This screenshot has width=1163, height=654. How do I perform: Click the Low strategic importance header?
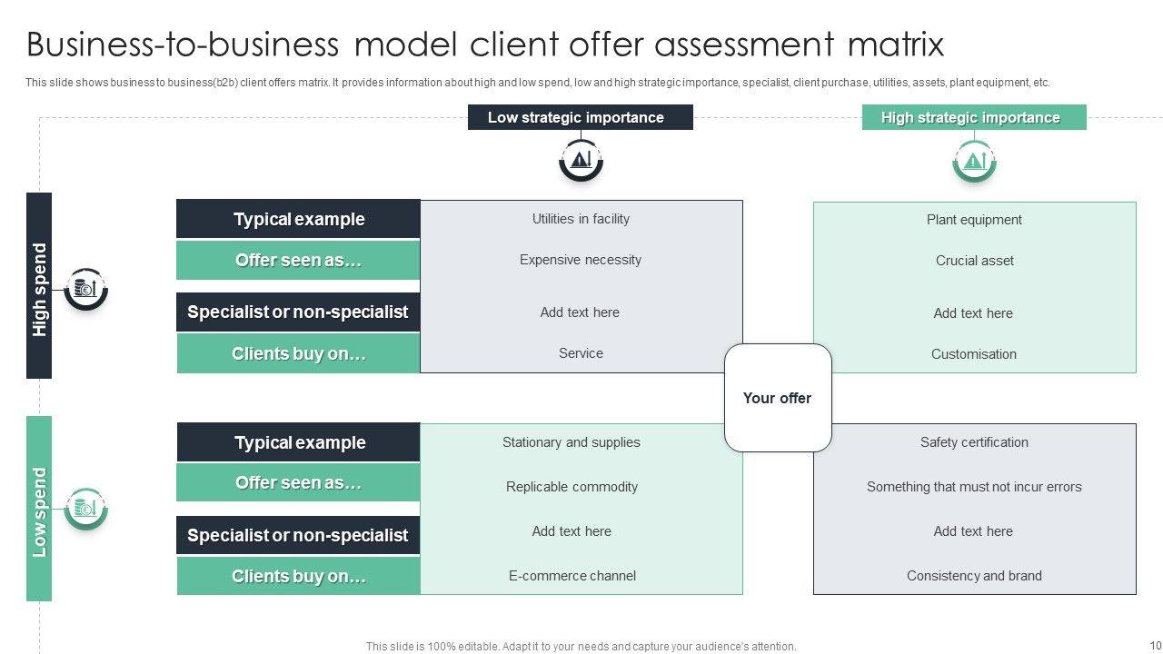pos(580,117)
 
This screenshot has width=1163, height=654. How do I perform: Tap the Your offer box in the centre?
pos(777,398)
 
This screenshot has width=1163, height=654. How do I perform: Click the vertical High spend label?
pos(39,289)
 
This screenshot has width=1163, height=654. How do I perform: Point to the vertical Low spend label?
pos(39,511)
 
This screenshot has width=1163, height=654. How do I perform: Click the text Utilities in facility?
pos(581,219)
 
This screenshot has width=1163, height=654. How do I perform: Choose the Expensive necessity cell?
pos(581,260)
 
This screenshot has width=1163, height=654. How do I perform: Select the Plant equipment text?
pos(974,220)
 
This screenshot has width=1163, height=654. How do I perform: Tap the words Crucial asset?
pos(974,261)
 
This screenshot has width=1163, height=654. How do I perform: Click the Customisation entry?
pos(973,354)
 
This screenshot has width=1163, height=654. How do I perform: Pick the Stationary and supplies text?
pos(571,442)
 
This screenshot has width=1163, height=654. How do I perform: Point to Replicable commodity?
pos(572,487)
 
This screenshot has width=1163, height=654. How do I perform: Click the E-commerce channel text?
pos(572,576)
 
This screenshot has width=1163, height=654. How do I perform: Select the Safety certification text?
pos(974,442)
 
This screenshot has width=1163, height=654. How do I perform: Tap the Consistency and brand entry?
pos(974,576)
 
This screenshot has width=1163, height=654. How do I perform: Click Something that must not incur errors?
pos(974,487)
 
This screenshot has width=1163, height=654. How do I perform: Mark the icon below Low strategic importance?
pos(581,161)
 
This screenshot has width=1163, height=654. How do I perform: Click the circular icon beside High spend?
pos(86,289)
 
